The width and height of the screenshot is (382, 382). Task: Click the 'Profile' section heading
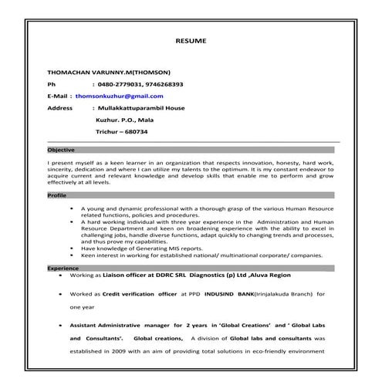tap(57, 196)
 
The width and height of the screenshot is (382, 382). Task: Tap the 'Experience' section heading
tap(63, 267)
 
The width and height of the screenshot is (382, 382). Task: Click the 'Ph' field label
tap(52, 83)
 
